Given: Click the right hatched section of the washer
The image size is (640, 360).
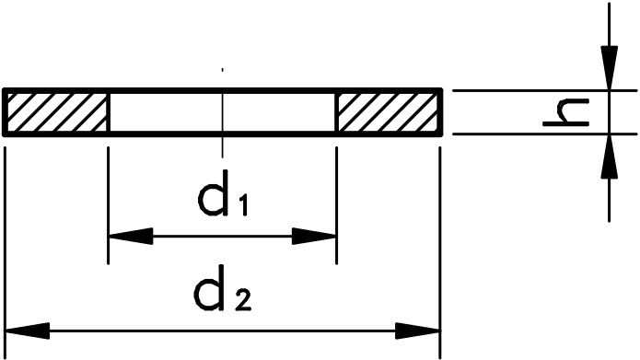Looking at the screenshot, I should coord(390,112).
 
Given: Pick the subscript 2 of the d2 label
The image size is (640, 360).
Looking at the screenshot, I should coord(239,298).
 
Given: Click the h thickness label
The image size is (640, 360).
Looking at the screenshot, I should coord(563,112).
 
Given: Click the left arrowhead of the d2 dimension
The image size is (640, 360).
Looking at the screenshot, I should coord(26,329).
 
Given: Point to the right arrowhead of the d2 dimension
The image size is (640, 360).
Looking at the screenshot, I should coord(420,329).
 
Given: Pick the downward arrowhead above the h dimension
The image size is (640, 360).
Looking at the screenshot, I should coord(609,69).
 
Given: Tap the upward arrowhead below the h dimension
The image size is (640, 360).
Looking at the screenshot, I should coord(609,155).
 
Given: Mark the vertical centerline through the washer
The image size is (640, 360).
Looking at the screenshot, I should coord(222,147).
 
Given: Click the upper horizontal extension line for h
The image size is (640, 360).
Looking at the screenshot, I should coord(534,89).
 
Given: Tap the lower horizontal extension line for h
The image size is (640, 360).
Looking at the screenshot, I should coord(534,134).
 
